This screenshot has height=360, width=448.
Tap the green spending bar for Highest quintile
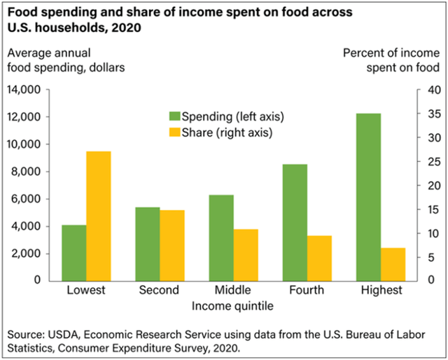tap(368, 197)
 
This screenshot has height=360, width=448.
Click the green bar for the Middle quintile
tap(221, 237)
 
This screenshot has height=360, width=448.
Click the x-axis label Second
tap(159, 290)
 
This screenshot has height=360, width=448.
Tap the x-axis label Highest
tap(379, 290)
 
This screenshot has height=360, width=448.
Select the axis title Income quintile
tap(234, 305)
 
